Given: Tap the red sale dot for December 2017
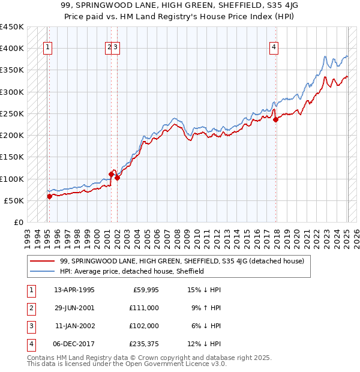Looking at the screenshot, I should (276, 119).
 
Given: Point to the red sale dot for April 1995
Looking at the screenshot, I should (49, 196).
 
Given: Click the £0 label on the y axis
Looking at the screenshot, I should (19, 223).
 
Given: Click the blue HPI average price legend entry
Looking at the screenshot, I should (132, 271).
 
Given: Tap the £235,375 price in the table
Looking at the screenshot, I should (142, 344).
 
